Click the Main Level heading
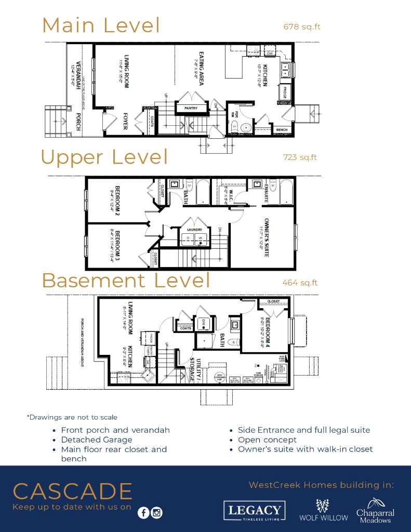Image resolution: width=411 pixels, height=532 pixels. (x=101, y=25)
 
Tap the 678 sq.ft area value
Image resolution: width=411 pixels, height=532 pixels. (x=299, y=26)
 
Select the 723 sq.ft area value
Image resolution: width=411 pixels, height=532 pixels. (x=299, y=157)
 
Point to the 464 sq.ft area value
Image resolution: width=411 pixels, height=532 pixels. (x=300, y=283)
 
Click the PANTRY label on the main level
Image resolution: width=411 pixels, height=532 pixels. (x=188, y=108)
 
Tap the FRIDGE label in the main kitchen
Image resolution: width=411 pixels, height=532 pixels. (x=285, y=92)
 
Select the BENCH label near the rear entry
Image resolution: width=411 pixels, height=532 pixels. (x=282, y=130)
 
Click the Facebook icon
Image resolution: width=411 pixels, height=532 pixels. (x=143, y=513)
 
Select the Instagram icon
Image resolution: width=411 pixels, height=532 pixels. (x=156, y=513)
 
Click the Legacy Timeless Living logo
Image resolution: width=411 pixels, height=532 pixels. (x=255, y=510)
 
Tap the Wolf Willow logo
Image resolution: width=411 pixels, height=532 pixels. (x=324, y=510)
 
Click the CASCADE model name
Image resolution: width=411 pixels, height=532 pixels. (x=73, y=491)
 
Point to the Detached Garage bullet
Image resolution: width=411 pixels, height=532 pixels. (x=96, y=440)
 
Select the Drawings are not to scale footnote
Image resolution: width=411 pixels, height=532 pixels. (x=72, y=417)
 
